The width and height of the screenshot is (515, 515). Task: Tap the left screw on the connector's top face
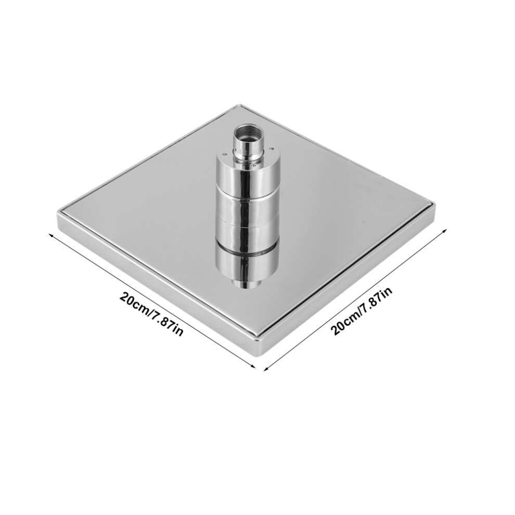[x=224, y=153]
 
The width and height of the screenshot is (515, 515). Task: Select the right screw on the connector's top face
[x=272, y=149]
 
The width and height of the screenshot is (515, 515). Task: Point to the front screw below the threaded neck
[x=252, y=166]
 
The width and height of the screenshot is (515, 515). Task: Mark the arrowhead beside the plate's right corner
[x=444, y=231]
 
